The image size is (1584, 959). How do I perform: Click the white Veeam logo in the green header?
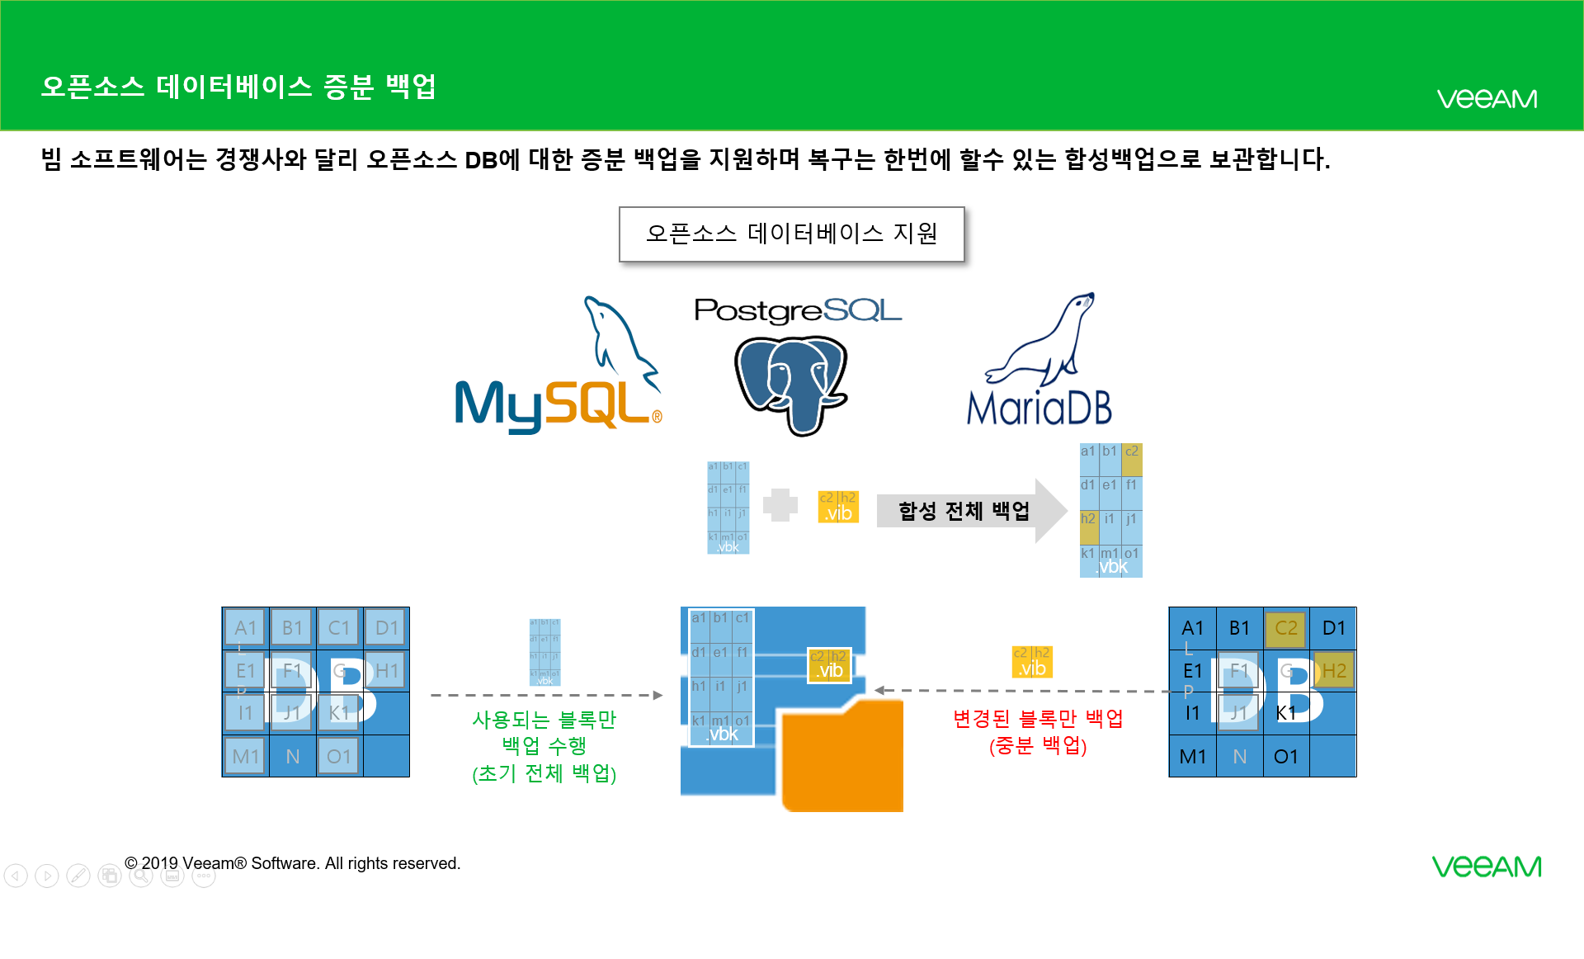click(x=1487, y=99)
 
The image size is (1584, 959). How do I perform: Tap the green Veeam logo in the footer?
click(x=1486, y=867)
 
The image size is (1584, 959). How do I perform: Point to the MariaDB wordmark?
click(x=1039, y=408)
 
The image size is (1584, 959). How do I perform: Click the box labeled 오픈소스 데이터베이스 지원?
click(x=791, y=234)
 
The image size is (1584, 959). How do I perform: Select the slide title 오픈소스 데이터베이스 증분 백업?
click(x=238, y=87)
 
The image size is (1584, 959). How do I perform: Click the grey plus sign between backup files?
click(x=780, y=505)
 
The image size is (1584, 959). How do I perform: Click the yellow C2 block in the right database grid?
click(x=1285, y=628)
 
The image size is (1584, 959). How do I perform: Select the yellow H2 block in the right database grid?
click(x=1333, y=671)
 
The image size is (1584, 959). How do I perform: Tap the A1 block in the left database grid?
click(x=245, y=628)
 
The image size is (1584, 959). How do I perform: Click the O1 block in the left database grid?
click(x=338, y=756)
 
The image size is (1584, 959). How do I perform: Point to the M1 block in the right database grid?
click(x=1192, y=756)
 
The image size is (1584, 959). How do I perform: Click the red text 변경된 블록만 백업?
click(x=1038, y=719)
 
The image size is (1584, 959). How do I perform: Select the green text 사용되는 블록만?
click(x=544, y=720)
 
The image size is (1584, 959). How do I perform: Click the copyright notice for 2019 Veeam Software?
click(x=293, y=863)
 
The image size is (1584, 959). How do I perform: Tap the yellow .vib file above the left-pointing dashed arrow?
click(x=1031, y=662)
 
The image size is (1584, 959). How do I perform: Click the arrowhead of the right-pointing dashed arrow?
click(x=658, y=696)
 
